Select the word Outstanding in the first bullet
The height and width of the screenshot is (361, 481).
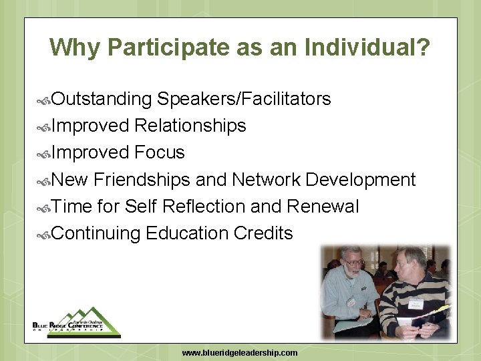pyautogui.click(x=102, y=99)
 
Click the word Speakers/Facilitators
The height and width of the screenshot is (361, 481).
pyautogui.click(x=244, y=99)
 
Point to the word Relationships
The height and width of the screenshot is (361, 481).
pyautogui.click(x=190, y=126)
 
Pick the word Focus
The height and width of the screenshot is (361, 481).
pyautogui.click(x=159, y=152)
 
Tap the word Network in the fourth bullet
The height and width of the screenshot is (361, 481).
pyautogui.click(x=266, y=180)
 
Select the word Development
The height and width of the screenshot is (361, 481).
pyautogui.click(x=361, y=180)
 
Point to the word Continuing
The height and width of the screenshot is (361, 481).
pyautogui.click(x=96, y=233)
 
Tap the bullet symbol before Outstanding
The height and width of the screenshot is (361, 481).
pyautogui.click(x=44, y=100)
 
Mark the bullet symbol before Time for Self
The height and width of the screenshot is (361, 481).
pyautogui.click(x=44, y=208)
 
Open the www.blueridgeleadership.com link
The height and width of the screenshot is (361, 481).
pyautogui.click(x=240, y=352)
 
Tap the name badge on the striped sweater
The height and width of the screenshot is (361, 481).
pyautogui.click(x=416, y=304)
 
